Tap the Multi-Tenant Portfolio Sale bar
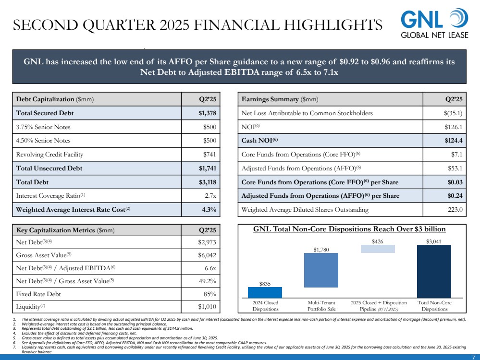(x=321, y=275)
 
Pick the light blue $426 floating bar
(x=378, y=249)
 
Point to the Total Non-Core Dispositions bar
(x=434, y=271)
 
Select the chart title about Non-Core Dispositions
(x=349, y=229)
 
